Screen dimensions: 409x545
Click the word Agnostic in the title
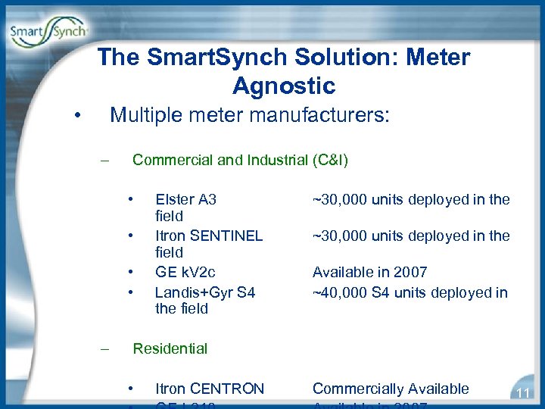coord(284,86)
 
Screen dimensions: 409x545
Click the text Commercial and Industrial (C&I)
coord(240,160)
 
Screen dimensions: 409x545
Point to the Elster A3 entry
coord(185,200)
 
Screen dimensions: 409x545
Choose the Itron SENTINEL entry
coord(208,236)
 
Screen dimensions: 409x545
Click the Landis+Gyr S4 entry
coord(204,292)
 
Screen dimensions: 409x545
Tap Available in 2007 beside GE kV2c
coord(369,272)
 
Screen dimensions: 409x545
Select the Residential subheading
coord(170,348)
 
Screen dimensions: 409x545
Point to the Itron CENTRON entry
coord(209,389)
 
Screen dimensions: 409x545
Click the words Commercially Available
coord(391,389)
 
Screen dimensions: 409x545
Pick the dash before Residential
coord(107,348)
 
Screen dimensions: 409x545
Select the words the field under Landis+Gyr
coord(181,308)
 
